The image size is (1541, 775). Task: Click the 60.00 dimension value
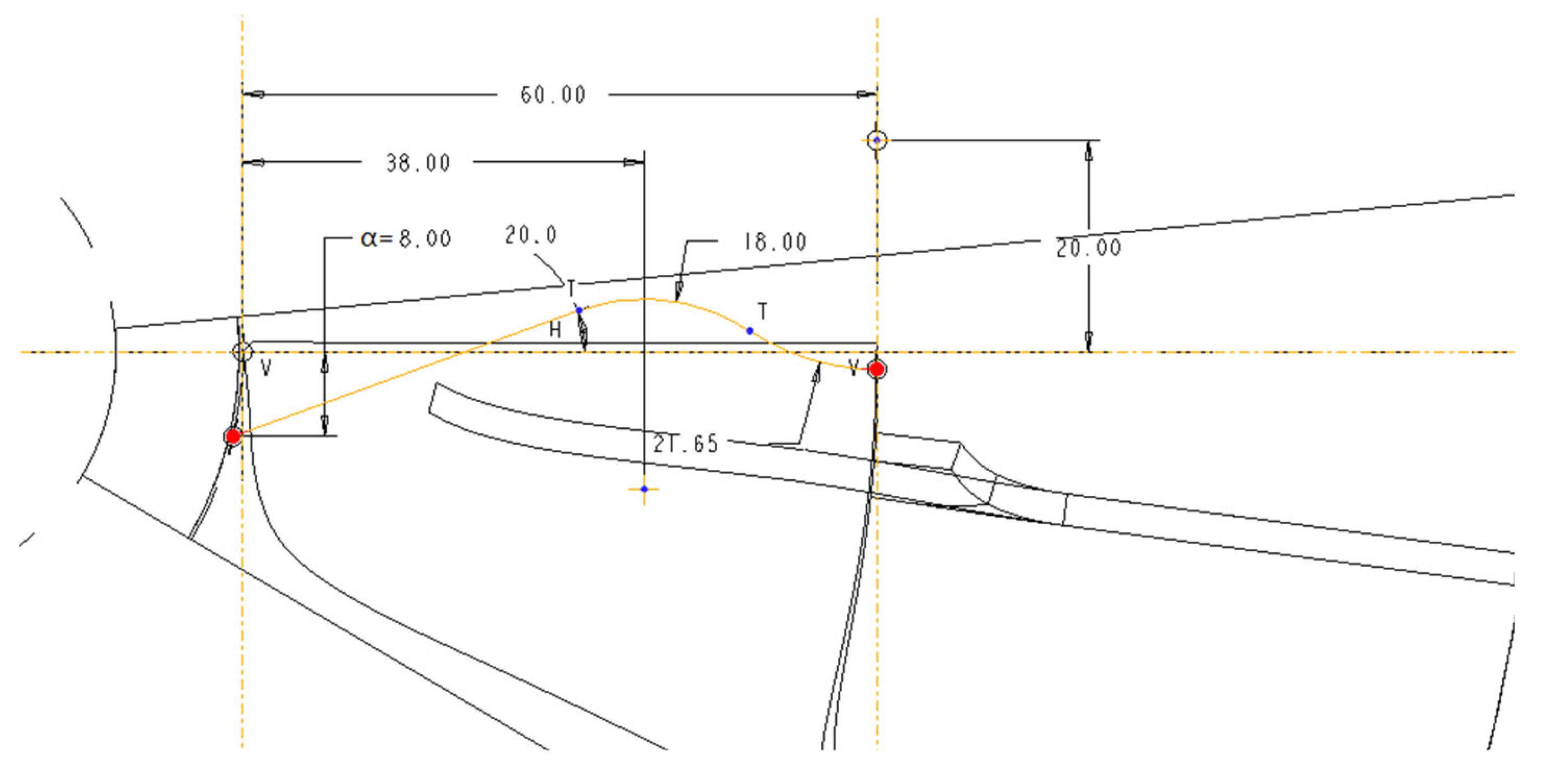tap(553, 95)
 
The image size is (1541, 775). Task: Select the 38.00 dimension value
tap(418, 163)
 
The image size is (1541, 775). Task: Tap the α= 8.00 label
tap(406, 239)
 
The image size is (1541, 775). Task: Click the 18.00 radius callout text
tap(775, 242)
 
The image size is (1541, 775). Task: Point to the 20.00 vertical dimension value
tap(1088, 248)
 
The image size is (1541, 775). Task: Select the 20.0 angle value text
tap(530, 235)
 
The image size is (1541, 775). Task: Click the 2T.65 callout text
tap(685, 444)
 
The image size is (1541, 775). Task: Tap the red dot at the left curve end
tap(233, 437)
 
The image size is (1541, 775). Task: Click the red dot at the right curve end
tap(877, 369)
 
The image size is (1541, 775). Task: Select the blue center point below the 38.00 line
tap(644, 489)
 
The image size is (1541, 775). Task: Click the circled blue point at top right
tap(877, 141)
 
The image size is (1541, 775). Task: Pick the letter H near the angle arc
tap(555, 330)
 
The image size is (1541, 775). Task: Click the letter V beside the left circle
tap(266, 368)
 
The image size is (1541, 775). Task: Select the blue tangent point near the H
tap(579, 310)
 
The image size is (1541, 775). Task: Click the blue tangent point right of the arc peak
tap(750, 331)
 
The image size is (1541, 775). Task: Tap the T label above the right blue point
tap(762, 311)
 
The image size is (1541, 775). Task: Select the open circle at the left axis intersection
tap(242, 352)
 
